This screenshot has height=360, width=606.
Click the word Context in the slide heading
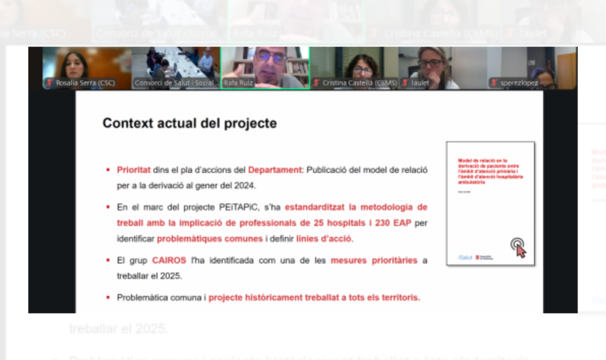tap(128, 123)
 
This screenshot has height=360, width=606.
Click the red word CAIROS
tap(169, 261)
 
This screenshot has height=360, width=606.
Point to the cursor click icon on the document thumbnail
tap(519, 247)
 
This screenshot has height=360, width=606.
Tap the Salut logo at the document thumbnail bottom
tap(464, 257)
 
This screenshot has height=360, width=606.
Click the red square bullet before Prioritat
tap(108, 171)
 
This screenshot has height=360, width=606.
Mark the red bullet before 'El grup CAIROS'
tap(108, 261)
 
